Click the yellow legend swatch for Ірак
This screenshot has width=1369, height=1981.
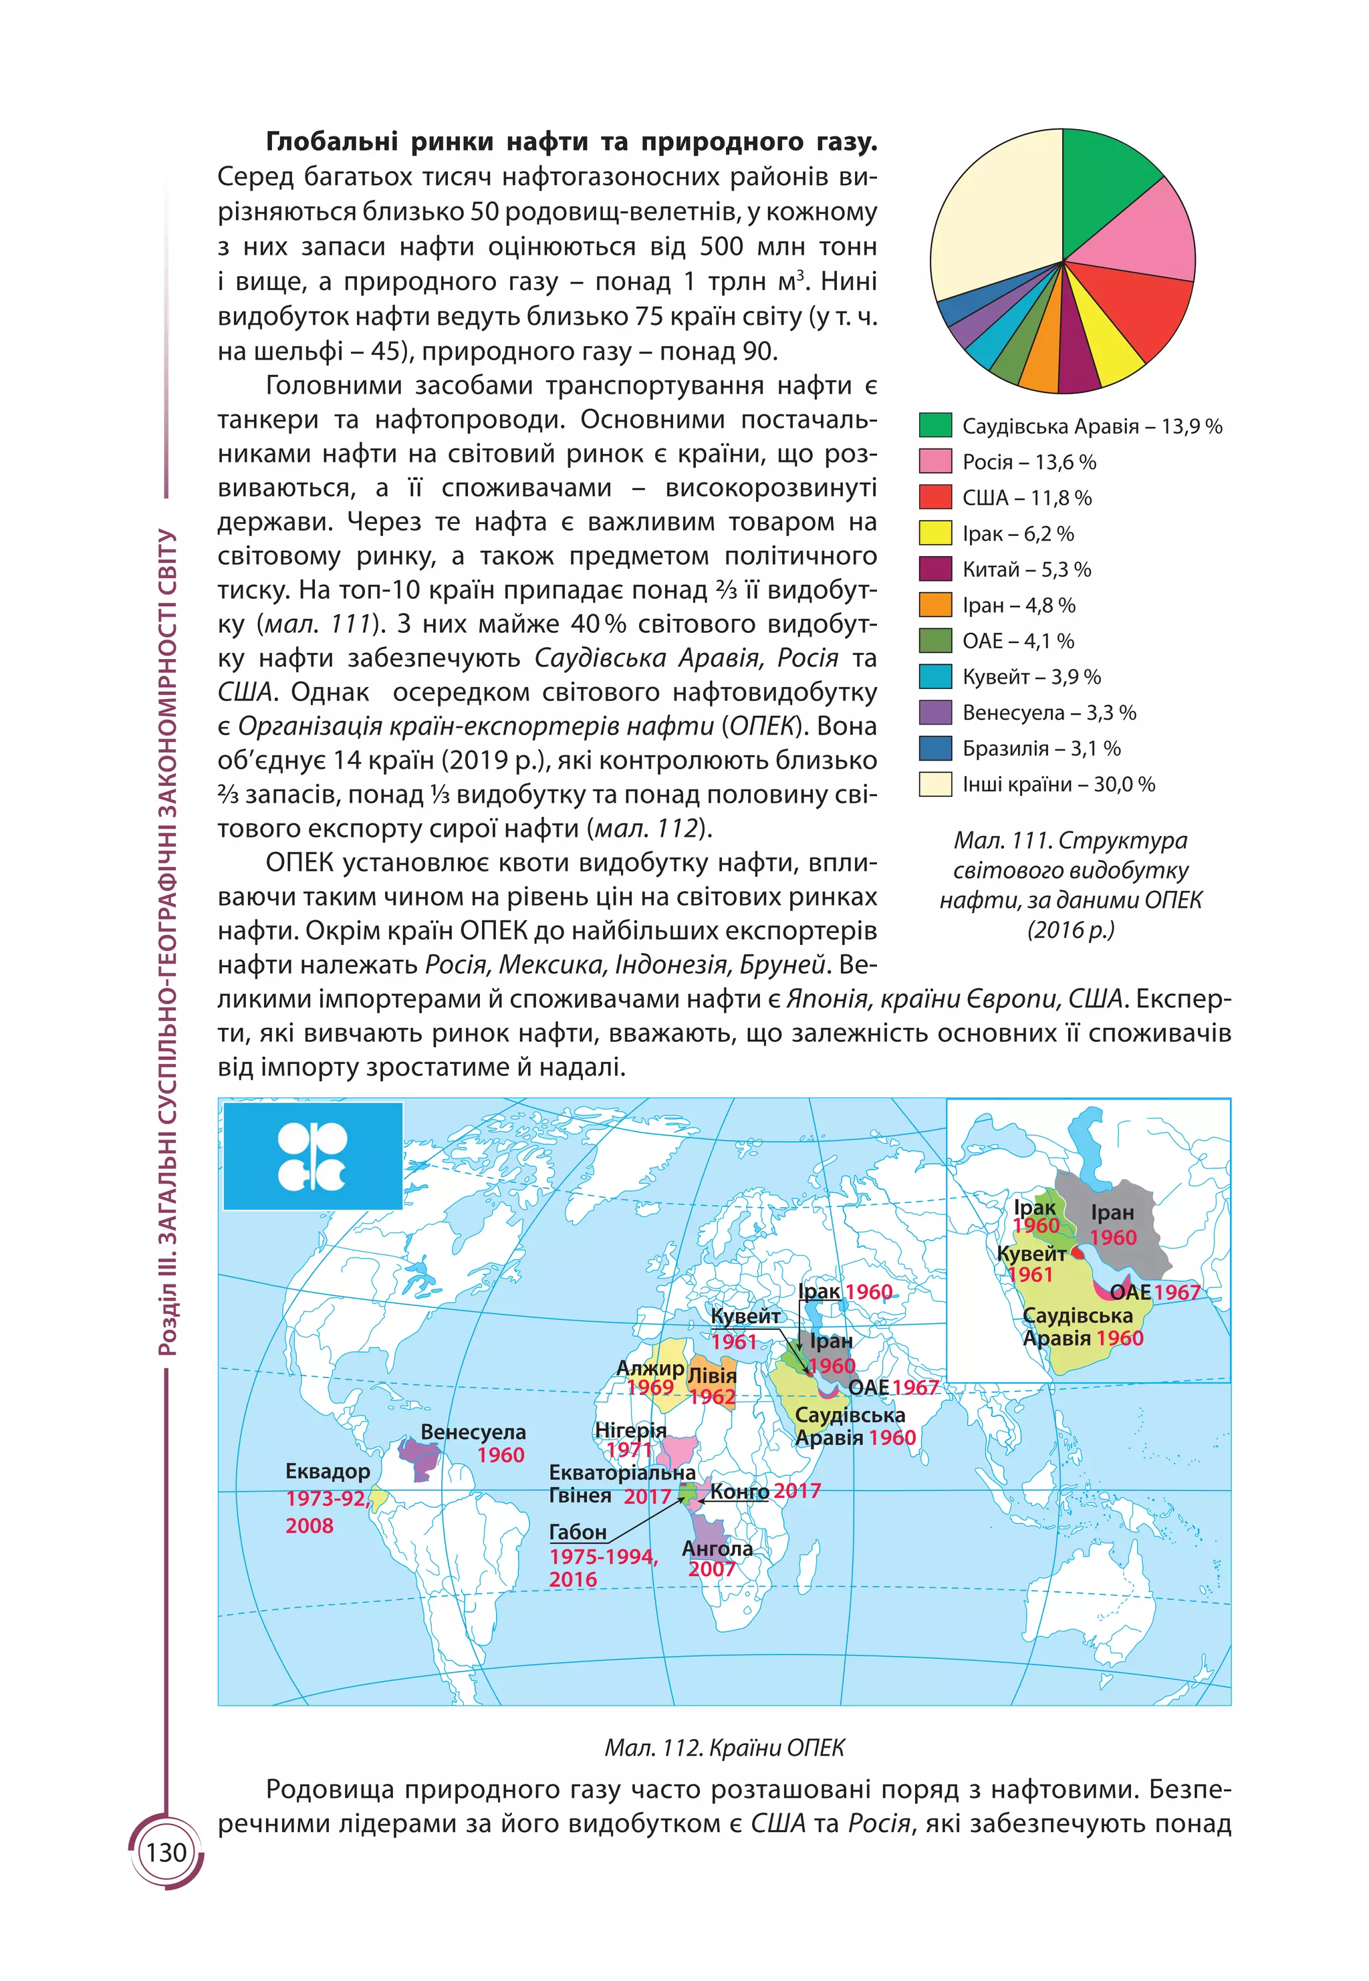(x=935, y=533)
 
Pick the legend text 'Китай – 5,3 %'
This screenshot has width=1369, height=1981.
(x=1026, y=569)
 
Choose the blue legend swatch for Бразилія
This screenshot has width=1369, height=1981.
(x=935, y=748)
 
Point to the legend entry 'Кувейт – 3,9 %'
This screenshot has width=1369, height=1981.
(x=1031, y=676)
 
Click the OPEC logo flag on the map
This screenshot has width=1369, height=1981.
(x=313, y=1156)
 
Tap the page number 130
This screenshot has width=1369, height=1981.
(x=166, y=1853)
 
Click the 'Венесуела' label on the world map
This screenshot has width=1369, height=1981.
(x=473, y=1432)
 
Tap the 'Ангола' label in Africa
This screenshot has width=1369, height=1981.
(x=717, y=1548)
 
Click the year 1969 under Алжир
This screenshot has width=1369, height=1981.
(x=650, y=1387)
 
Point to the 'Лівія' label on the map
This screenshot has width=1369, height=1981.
(x=712, y=1375)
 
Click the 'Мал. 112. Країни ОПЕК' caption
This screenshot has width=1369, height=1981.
(x=724, y=1747)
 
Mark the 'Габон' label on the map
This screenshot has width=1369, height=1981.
(x=578, y=1532)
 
